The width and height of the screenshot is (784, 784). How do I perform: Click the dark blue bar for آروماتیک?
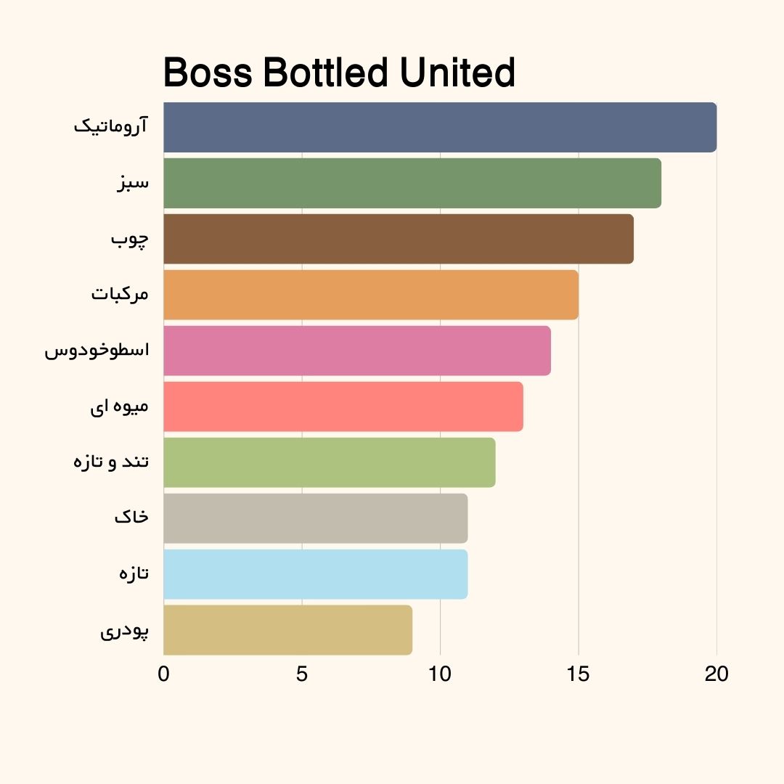pyautogui.click(x=440, y=127)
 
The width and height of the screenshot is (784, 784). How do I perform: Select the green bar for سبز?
pyautogui.click(x=412, y=183)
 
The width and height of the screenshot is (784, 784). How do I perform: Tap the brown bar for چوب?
pyautogui.click(x=399, y=239)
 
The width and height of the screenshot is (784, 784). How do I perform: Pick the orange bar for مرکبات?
pyautogui.click(x=371, y=295)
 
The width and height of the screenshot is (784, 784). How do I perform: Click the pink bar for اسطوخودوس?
pyautogui.click(x=357, y=351)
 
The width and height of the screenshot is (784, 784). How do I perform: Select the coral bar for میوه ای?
pyautogui.click(x=343, y=407)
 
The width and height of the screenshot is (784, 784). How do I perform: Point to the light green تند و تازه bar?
pyautogui.click(x=330, y=462)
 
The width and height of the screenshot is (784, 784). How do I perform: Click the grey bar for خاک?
pyautogui.click(x=316, y=518)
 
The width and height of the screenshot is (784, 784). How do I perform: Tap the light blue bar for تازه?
pyautogui.click(x=316, y=574)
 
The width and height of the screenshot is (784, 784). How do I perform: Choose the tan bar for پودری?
pyautogui.click(x=288, y=630)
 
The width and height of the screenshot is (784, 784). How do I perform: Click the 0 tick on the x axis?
pyautogui.click(x=164, y=674)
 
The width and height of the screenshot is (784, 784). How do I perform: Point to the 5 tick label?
pyautogui.click(x=302, y=674)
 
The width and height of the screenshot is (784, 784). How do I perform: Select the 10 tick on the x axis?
pyautogui.click(x=440, y=674)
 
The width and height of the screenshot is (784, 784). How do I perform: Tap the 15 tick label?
pyautogui.click(x=579, y=674)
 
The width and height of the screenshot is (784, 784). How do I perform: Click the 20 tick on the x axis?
pyautogui.click(x=716, y=674)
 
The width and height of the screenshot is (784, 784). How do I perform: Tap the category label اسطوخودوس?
pyautogui.click(x=97, y=351)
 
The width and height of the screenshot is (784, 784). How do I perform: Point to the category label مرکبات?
pyautogui.click(x=120, y=295)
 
